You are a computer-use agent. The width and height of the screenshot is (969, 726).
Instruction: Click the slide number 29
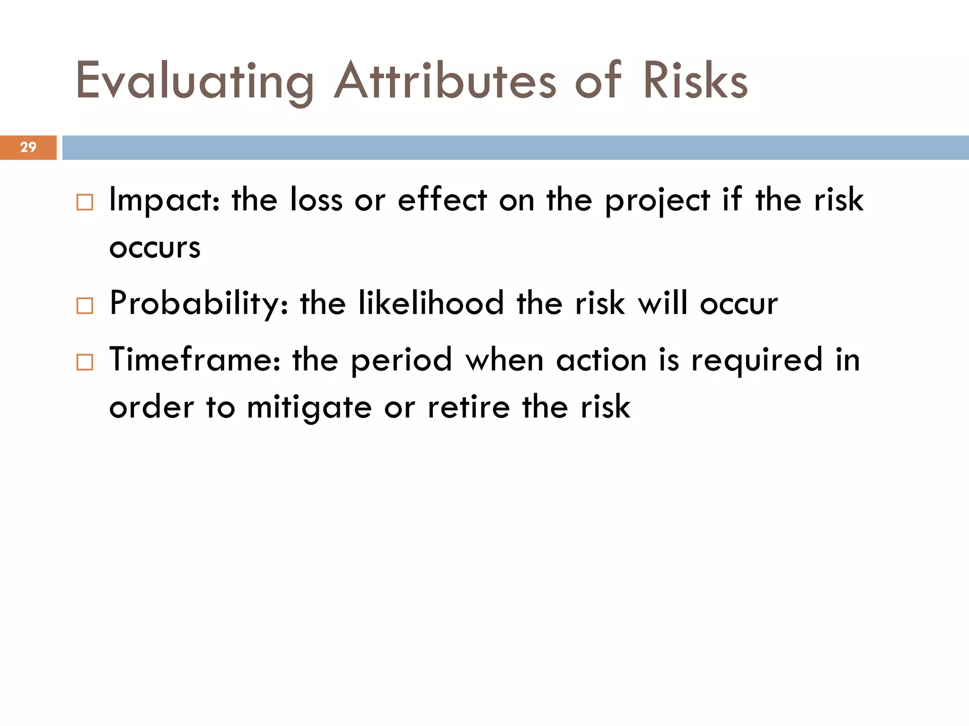pos(28,147)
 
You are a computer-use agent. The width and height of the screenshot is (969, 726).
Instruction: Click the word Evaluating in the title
pos(194,81)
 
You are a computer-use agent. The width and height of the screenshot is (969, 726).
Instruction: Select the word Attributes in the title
pos(445,81)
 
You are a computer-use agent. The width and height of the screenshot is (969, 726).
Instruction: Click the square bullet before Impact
pos(85,202)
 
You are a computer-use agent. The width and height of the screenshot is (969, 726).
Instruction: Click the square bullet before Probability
pos(85,306)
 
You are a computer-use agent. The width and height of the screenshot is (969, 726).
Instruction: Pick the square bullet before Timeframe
pos(85,363)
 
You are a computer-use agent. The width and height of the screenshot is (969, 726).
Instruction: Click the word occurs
pos(155,248)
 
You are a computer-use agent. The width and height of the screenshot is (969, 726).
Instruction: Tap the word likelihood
pos(431,303)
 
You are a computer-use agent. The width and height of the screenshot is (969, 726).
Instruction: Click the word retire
pos(469,407)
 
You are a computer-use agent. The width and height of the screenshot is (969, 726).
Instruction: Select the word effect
pos(442,199)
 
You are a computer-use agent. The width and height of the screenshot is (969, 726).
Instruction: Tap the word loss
pos(316,199)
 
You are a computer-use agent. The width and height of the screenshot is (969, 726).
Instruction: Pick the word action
pos(601,360)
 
